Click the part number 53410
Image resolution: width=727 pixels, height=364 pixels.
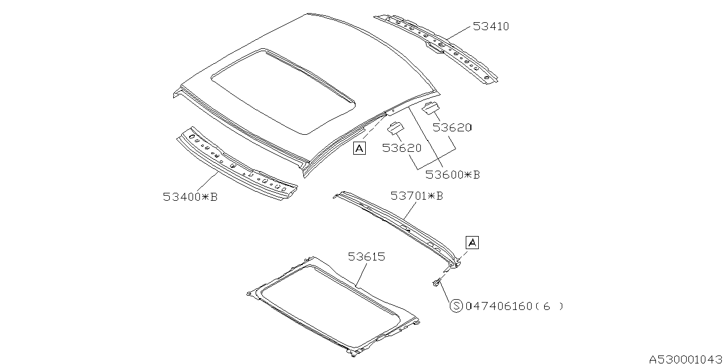(x=491, y=27)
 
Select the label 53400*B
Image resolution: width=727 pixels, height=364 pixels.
(x=190, y=197)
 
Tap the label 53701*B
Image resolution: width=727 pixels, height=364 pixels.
(x=416, y=196)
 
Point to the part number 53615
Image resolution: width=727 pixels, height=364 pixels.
(x=366, y=257)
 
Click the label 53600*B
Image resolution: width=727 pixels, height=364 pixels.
(x=453, y=175)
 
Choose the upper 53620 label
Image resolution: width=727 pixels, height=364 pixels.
(x=452, y=127)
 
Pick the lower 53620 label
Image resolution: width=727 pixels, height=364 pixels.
(x=402, y=148)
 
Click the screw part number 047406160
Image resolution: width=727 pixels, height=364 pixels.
(x=499, y=307)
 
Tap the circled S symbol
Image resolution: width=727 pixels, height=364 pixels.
(x=457, y=307)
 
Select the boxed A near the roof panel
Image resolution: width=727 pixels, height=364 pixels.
(x=359, y=148)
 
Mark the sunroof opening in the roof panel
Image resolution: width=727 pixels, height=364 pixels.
(x=284, y=91)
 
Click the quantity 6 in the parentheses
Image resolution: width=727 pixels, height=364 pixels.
(x=547, y=307)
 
